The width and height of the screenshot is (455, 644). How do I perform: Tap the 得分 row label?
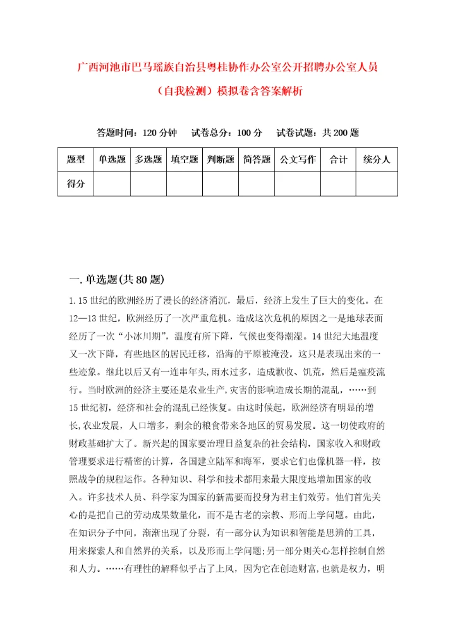coord(76,184)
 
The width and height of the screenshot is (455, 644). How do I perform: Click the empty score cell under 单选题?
coord(112,184)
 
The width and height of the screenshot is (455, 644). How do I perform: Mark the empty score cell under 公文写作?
coord(298,184)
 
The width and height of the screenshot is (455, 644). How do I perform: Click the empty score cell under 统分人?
coord(377,184)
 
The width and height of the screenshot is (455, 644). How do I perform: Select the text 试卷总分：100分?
coord(227,133)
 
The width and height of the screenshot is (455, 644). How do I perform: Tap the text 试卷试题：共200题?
coord(318,133)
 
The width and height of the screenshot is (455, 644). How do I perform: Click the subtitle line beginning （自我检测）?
coord(227,90)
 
